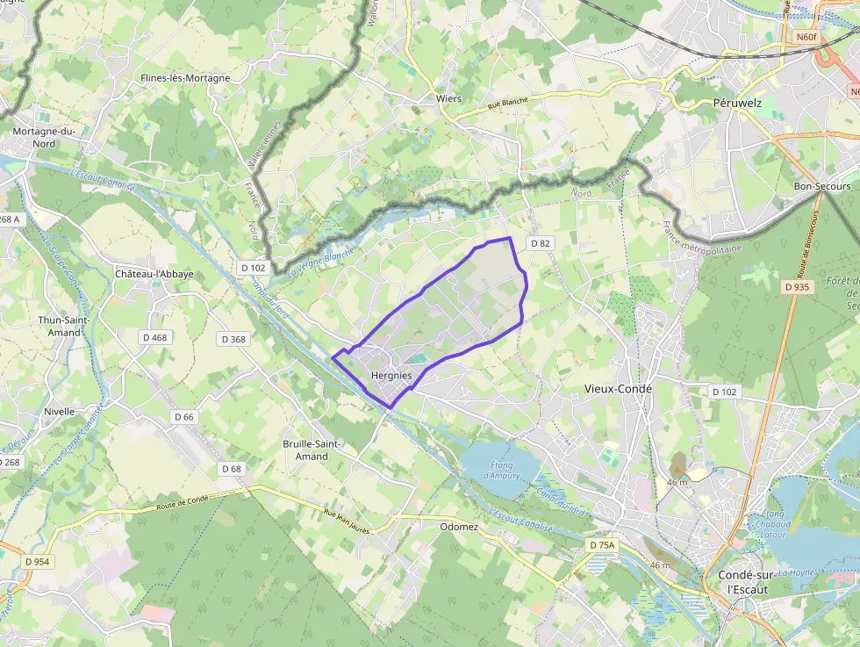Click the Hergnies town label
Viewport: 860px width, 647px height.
[391, 376]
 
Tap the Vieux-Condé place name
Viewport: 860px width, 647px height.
[619, 388]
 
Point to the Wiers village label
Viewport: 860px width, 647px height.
[448, 98]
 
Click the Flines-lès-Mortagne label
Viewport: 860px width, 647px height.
[185, 78]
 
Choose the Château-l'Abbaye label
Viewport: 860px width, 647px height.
[154, 274]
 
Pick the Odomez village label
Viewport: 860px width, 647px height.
[459, 527]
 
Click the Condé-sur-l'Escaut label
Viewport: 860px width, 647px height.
[742, 582]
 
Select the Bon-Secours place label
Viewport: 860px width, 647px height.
[821, 186]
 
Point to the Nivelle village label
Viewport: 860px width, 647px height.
[60, 411]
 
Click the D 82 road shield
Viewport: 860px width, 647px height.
[539, 243]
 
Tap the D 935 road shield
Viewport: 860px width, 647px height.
[797, 287]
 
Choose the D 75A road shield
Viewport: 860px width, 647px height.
[602, 545]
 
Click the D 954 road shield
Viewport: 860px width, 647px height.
[38, 561]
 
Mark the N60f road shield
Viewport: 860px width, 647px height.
[806, 38]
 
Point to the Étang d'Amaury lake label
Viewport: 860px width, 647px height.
[501, 471]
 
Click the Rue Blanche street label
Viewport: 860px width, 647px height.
[482, 106]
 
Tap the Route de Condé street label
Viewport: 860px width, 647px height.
[183, 503]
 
